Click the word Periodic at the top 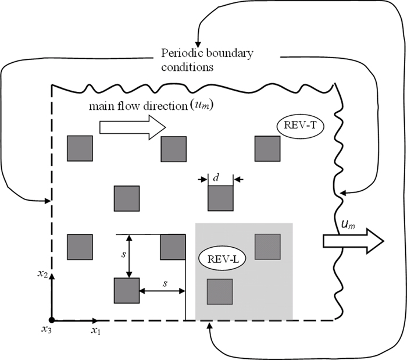pyautogui.click(x=179, y=54)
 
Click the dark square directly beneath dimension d pyautogui.click(x=221, y=199)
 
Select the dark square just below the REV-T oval pyautogui.click(x=268, y=149)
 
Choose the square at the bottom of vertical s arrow pyautogui.click(x=127, y=291)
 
